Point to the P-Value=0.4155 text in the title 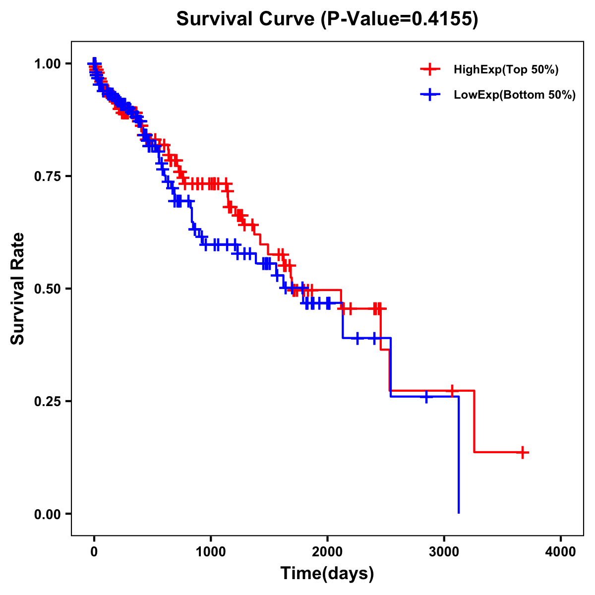(x=400, y=20)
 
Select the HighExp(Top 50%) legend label (x=506, y=70)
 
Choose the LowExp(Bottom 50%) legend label (x=515, y=95)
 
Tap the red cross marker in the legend (x=430, y=69)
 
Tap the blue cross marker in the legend (x=430, y=94)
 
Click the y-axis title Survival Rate (x=18, y=288)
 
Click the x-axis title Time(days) (x=327, y=574)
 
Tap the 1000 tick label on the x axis (x=211, y=552)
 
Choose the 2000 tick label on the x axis (x=327, y=552)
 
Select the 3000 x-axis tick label (x=444, y=552)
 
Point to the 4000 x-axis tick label (x=561, y=552)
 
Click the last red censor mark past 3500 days (x=523, y=452)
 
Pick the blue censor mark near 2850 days (x=426, y=397)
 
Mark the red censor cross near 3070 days (x=452, y=391)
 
